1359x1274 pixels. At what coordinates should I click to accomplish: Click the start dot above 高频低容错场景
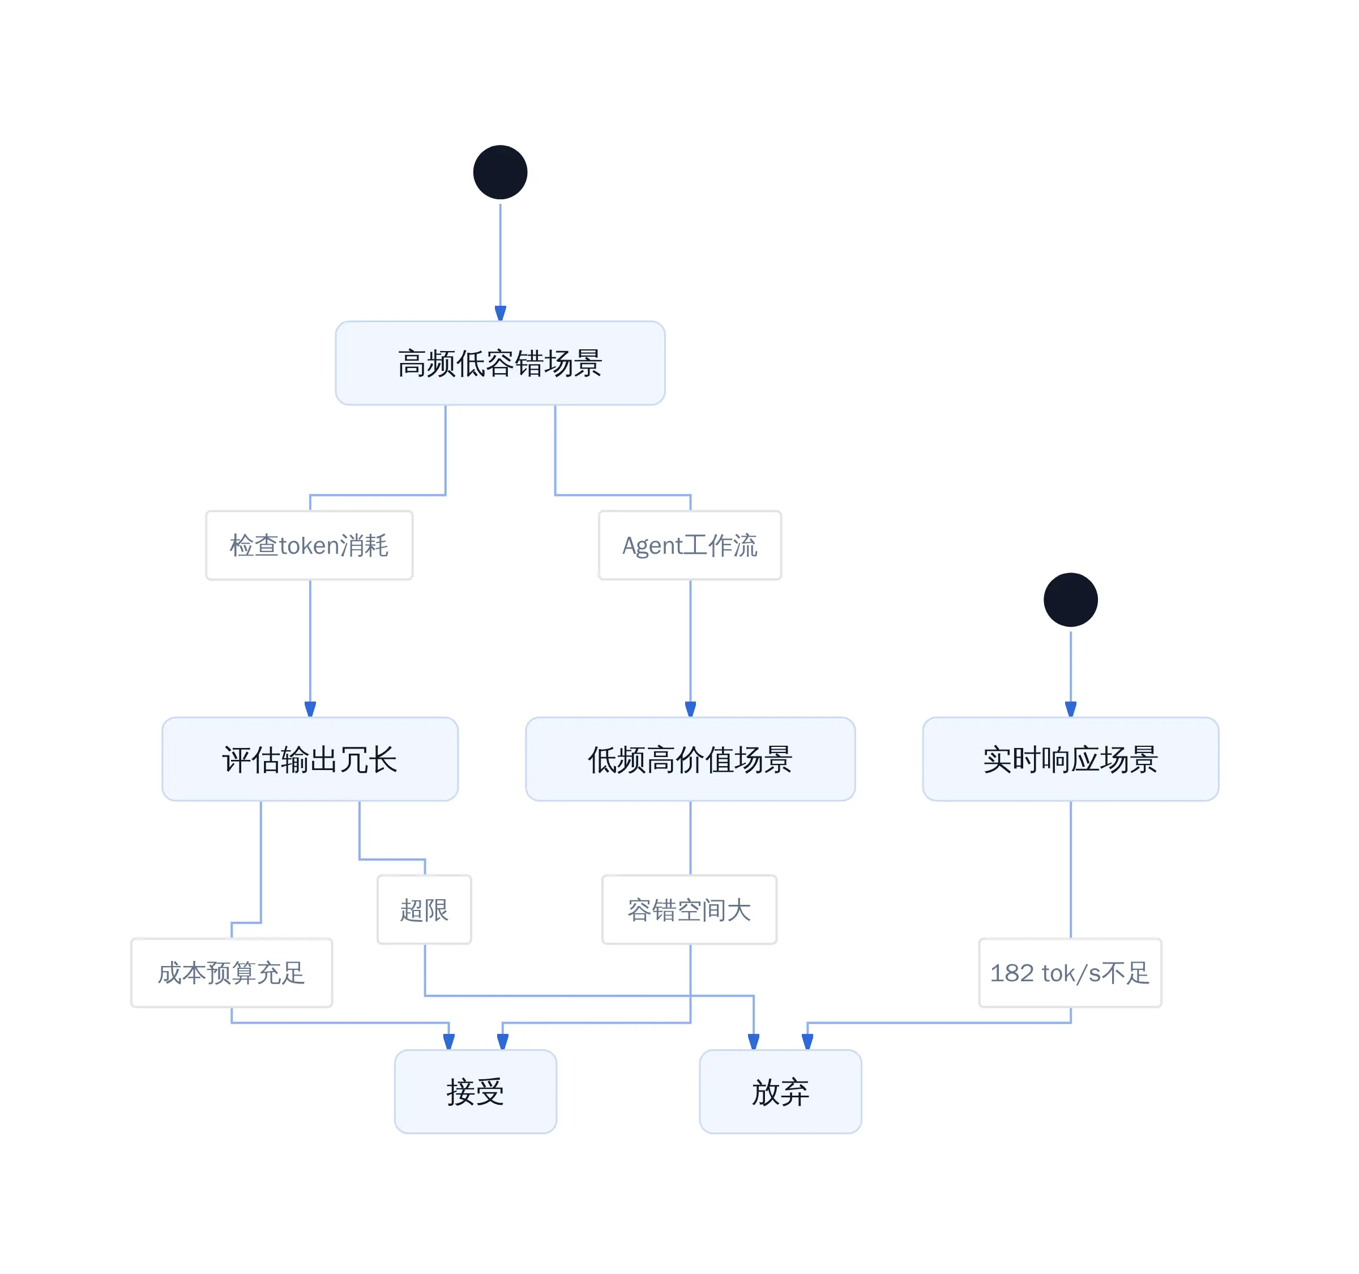(x=501, y=172)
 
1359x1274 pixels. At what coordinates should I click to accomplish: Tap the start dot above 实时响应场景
(x=1071, y=600)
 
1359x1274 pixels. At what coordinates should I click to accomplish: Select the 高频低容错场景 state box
(x=501, y=363)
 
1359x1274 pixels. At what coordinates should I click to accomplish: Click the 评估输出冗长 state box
(x=310, y=759)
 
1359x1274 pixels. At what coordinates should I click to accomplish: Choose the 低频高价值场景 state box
(x=690, y=759)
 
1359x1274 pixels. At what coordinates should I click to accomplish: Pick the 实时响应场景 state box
(x=1071, y=759)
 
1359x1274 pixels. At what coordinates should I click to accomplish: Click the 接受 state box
(x=476, y=1092)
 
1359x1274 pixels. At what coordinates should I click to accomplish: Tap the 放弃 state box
(x=781, y=1092)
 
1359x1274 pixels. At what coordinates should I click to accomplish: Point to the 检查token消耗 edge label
(x=309, y=545)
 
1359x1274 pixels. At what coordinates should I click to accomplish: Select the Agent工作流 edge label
(x=690, y=545)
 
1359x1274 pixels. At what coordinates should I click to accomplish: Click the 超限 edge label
(x=425, y=910)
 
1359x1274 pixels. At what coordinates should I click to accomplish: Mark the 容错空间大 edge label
(x=689, y=910)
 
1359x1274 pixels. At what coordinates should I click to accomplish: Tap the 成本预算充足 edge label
(x=232, y=973)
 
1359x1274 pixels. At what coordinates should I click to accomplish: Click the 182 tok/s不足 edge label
(x=1071, y=973)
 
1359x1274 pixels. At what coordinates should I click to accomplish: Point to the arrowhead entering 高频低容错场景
(x=501, y=314)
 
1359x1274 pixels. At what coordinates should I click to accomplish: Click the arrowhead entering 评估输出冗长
(x=310, y=709)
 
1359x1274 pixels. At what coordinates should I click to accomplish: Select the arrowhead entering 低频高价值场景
(x=690, y=709)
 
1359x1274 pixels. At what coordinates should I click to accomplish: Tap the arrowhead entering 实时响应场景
(x=1071, y=709)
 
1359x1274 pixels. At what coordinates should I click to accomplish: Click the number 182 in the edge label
(x=1012, y=973)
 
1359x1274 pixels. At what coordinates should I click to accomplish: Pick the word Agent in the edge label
(x=652, y=546)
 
